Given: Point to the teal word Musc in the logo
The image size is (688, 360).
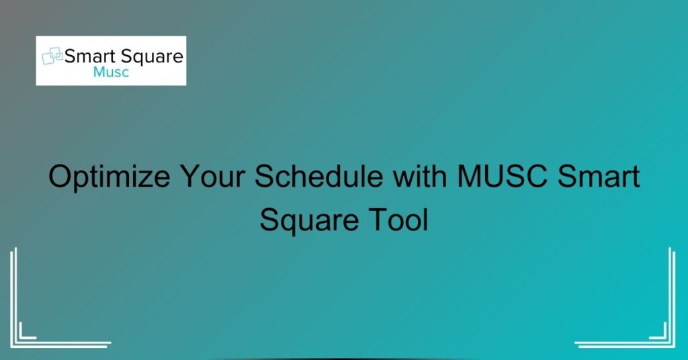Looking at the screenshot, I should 112,73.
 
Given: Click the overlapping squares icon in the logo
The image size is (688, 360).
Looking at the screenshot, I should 52,57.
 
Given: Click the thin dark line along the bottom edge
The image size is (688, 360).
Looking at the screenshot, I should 344,358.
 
